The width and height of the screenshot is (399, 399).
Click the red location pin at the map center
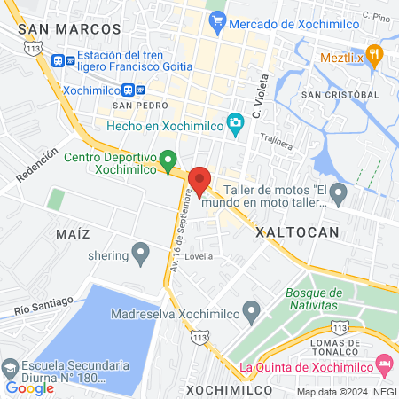(199, 180)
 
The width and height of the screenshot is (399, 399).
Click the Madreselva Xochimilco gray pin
(252, 311)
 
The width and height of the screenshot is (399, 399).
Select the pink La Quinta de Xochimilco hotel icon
(384, 363)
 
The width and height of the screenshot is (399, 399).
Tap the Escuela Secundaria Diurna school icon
(10, 367)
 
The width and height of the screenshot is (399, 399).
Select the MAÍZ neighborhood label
(73, 233)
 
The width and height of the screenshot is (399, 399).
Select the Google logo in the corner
(29, 387)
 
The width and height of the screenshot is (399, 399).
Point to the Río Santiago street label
(43, 305)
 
